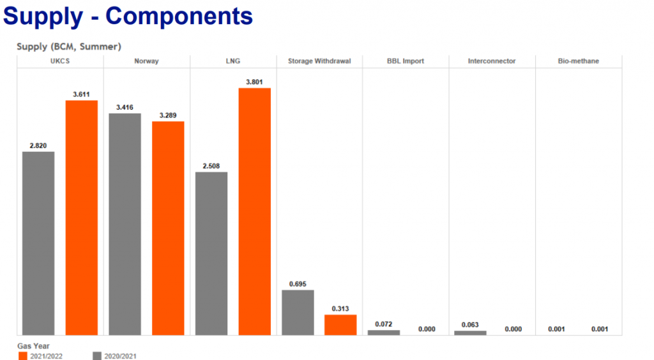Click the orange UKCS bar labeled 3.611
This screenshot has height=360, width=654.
[x=82, y=217]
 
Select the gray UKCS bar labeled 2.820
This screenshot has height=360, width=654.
[x=38, y=243]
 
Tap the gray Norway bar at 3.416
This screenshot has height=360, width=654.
[x=125, y=223]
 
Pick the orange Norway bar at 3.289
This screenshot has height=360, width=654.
[x=168, y=228]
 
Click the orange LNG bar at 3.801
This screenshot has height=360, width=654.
[x=255, y=211]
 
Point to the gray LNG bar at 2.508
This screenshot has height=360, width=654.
[x=211, y=253]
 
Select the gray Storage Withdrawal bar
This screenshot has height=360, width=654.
[x=298, y=312]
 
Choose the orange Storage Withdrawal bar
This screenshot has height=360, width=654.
[x=340, y=324]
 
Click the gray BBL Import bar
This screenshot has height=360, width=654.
[x=384, y=333]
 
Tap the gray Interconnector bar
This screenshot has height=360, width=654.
[x=470, y=333]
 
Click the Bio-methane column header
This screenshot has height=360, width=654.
[x=578, y=61]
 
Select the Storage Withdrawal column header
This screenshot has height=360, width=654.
[x=319, y=61]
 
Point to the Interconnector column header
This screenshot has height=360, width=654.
[x=492, y=61]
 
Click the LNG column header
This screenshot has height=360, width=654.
[x=233, y=61]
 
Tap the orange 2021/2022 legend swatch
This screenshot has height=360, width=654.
[x=23, y=356]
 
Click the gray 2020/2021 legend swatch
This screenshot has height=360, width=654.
[x=97, y=356]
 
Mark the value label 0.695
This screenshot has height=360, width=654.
[x=298, y=283]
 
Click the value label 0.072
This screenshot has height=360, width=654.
[x=384, y=324]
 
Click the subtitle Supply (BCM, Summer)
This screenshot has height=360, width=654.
[x=69, y=47]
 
